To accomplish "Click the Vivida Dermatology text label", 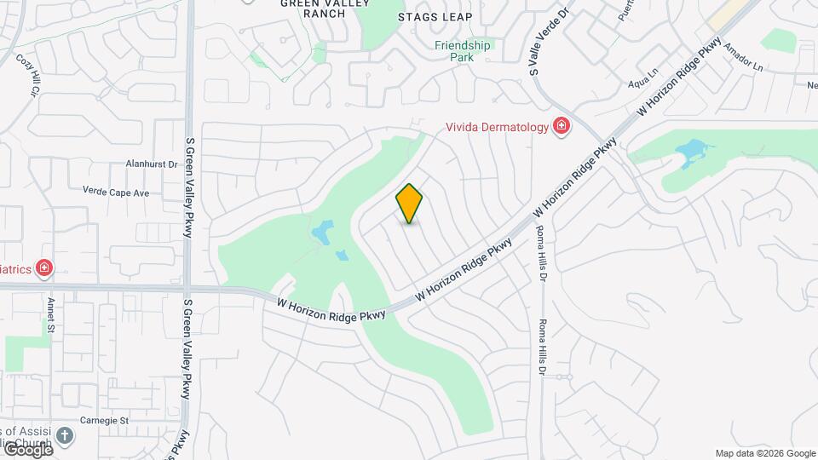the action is pyautogui.click(x=498, y=128).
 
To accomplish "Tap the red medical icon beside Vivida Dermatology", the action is pyautogui.click(x=562, y=128).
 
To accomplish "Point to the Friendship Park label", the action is pyautogui.click(x=464, y=51).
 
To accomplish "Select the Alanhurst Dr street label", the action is pyautogui.click(x=150, y=164).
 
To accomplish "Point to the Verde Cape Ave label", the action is pyautogui.click(x=116, y=193).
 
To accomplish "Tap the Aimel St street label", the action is pyautogui.click(x=51, y=314).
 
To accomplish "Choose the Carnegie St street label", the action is pyautogui.click(x=105, y=421).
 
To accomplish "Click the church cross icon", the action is pyautogui.click(x=65, y=436).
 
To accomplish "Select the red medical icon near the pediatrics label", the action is pyautogui.click(x=43, y=269).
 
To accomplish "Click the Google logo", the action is pyautogui.click(x=27, y=450).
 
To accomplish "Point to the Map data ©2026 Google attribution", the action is pyautogui.click(x=765, y=453).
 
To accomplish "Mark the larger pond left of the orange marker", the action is pyautogui.click(x=321, y=232).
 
